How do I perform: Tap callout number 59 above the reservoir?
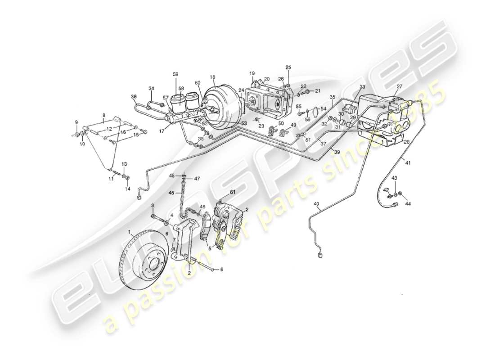(x=175, y=74)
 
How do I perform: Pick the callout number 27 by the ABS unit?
(x=399, y=87)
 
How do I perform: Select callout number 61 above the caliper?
(x=233, y=193)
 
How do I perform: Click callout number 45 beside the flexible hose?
(x=171, y=193)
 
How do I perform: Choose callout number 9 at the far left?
(x=76, y=122)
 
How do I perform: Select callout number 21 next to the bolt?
(x=317, y=91)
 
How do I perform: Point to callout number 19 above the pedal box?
(x=252, y=73)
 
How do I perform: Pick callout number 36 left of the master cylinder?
(x=134, y=96)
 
